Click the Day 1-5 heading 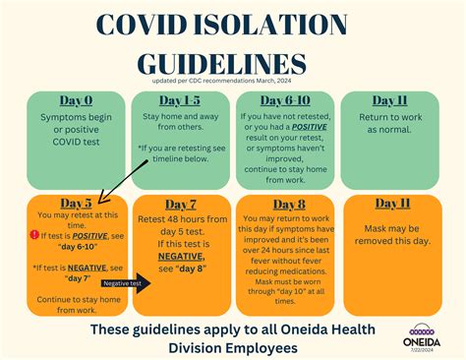(181, 100)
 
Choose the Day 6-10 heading (286, 100)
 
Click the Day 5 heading (75, 204)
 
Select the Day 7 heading (181, 204)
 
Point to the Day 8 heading (286, 204)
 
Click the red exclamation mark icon (33, 235)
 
